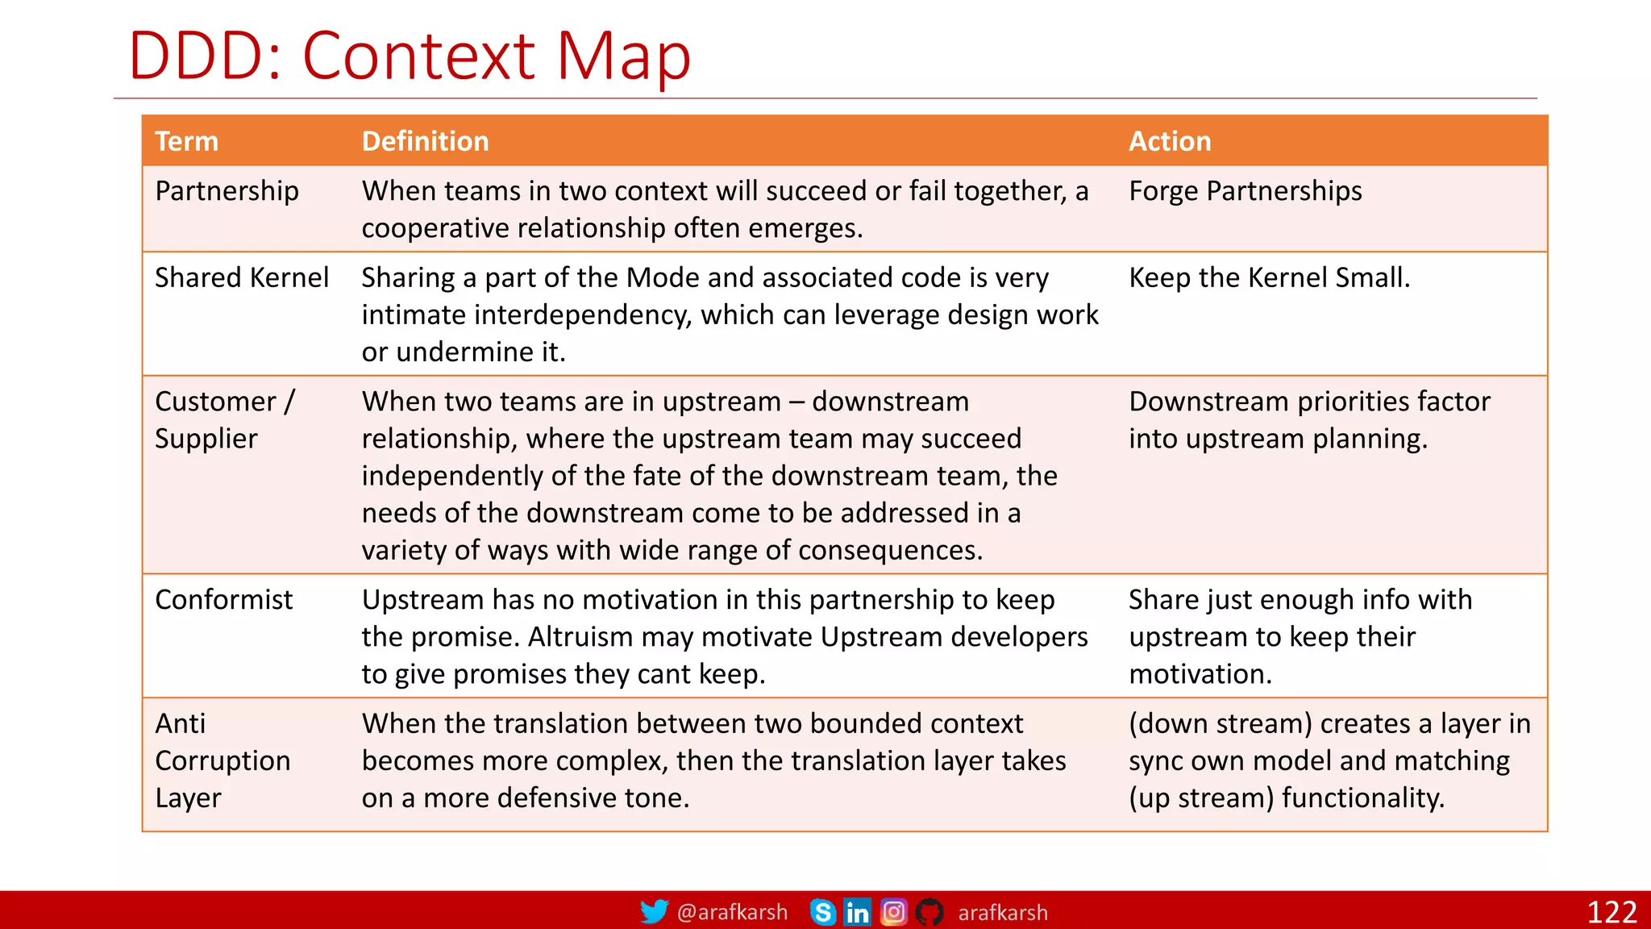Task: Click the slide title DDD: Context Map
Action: [410, 56]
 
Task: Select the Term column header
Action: [186, 141]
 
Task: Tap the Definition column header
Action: [425, 141]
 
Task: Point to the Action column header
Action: [1169, 141]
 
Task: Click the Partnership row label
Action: [227, 191]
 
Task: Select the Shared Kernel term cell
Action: [241, 277]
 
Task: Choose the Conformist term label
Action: [223, 600]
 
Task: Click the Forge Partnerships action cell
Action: [1245, 191]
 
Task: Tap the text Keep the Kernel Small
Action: [1269, 277]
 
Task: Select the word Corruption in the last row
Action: [222, 760]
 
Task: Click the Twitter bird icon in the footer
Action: [654, 912]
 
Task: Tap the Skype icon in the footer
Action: [822, 912]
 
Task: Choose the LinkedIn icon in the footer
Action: [857, 912]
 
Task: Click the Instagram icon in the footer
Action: [893, 912]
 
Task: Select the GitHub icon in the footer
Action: [929, 912]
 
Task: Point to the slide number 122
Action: [1611, 912]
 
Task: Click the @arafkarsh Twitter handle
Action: [732, 912]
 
